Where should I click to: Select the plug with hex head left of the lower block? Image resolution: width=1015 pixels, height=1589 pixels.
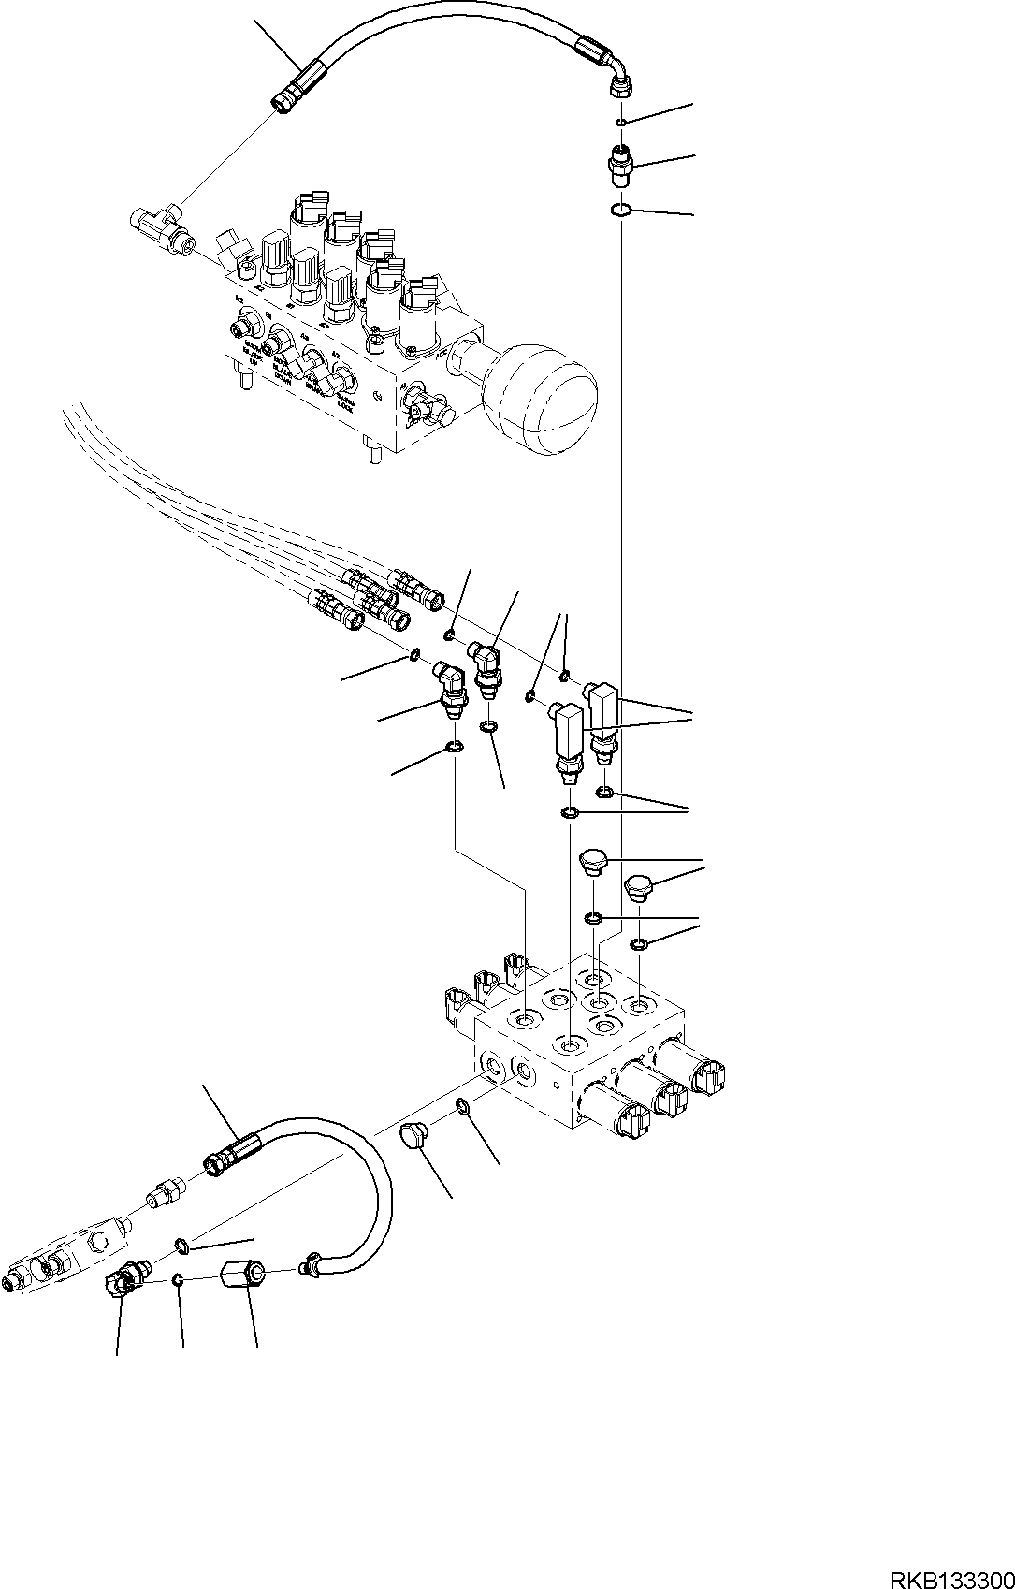[415, 1138]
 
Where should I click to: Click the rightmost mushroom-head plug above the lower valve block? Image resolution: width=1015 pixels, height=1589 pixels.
[639, 884]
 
